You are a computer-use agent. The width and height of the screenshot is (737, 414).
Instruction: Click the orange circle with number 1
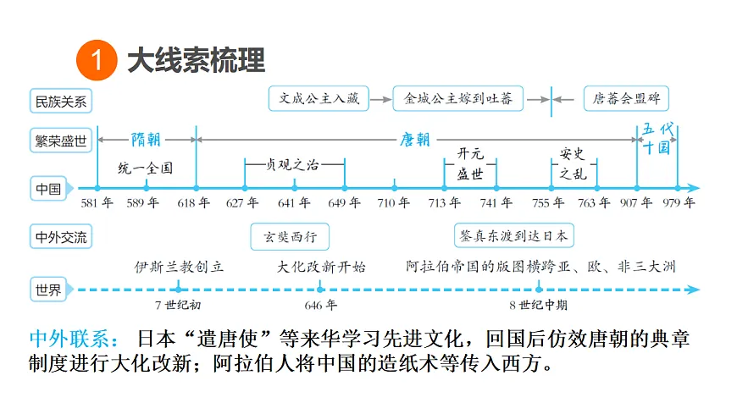pos(97,60)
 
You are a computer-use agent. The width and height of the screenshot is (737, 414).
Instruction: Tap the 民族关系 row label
pos(61,101)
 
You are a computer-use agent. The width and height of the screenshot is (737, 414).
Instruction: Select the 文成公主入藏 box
pos(319,98)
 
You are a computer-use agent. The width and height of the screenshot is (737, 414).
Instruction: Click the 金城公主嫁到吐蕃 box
pos(457,98)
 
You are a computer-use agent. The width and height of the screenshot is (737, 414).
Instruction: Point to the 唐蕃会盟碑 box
pos(626,98)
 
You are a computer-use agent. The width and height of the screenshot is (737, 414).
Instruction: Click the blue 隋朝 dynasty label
pos(146,140)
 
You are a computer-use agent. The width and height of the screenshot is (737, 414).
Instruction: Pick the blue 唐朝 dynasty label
pos(415,140)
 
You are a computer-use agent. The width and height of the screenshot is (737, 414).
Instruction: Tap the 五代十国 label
pos(657,139)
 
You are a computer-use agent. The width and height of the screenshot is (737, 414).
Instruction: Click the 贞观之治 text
pos(292,164)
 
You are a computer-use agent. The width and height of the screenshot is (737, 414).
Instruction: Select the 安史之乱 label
pos(573,163)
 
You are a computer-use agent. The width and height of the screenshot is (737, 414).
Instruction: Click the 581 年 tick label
pos(97,202)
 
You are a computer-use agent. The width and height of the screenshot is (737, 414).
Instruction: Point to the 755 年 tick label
pos(548,202)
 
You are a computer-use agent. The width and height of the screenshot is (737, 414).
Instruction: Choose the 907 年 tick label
pos(636,202)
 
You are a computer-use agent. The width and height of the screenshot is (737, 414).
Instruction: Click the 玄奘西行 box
pos(290,236)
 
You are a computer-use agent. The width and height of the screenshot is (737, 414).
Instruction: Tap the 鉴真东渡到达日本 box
pos(513,235)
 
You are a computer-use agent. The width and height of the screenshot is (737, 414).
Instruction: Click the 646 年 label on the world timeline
pos(320,306)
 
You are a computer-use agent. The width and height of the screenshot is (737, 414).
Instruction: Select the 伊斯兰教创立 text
pos(179,267)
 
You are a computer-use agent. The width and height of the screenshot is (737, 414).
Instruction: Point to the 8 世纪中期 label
pos(539,306)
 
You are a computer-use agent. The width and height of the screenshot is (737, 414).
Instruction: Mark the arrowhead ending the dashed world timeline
pos(693,290)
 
